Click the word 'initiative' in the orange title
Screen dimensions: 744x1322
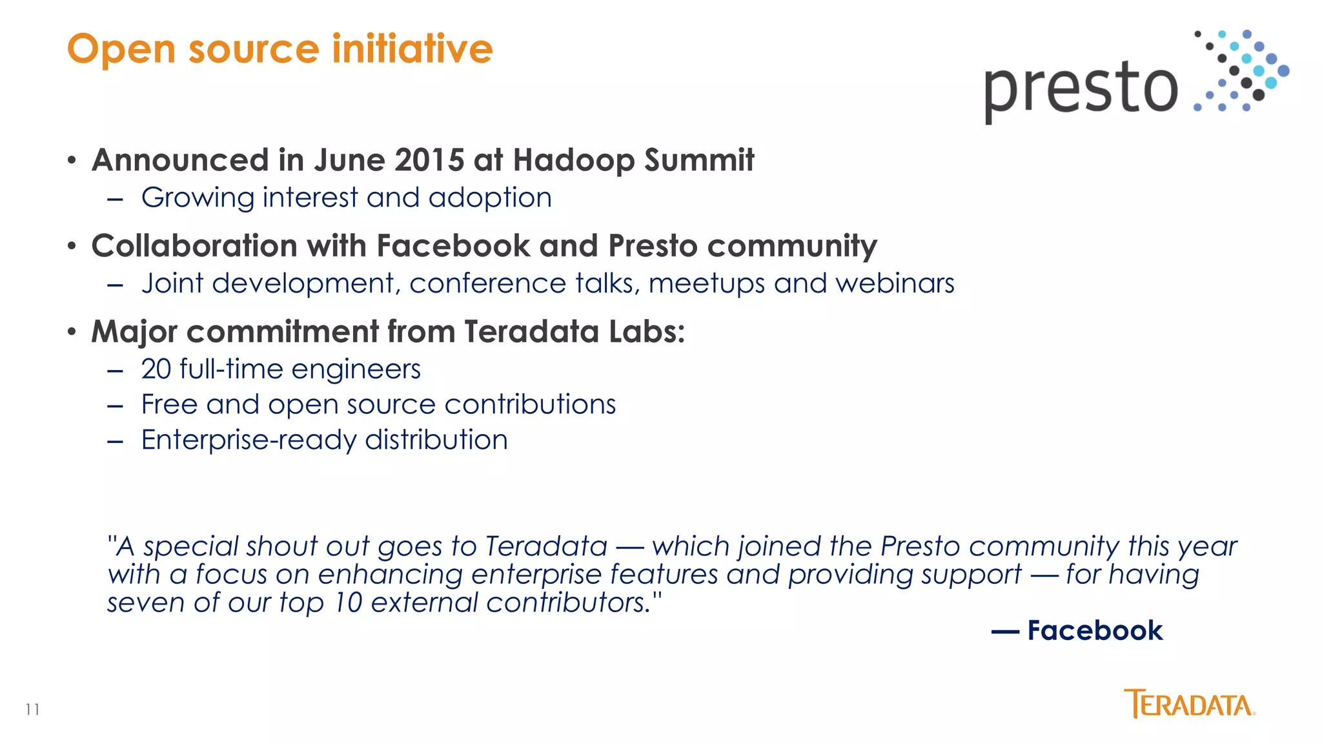(412, 49)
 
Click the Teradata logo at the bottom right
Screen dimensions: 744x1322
(1189, 704)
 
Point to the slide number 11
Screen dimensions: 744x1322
(33, 710)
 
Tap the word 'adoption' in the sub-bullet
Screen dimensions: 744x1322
(490, 198)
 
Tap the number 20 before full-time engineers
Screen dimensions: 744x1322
(156, 369)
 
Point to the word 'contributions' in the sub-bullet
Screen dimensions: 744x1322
(530, 405)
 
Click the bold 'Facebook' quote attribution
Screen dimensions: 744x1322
(1095, 630)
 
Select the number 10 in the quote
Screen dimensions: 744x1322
(348, 603)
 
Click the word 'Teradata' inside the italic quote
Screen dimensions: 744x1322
(546, 546)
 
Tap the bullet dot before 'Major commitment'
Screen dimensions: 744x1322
(72, 333)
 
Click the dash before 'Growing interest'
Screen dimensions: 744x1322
(116, 200)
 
